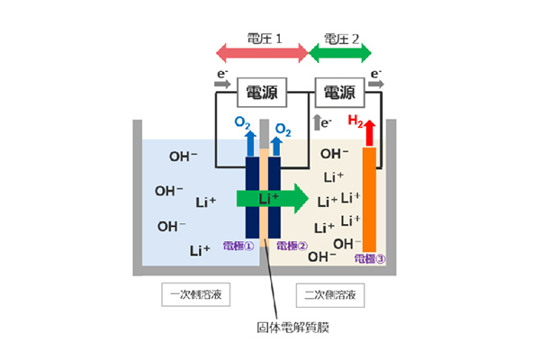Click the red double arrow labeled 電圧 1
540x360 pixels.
pyautogui.click(x=260, y=53)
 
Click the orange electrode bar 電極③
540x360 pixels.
pyautogui.click(x=369, y=198)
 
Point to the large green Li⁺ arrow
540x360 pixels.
pyautogui.click(x=270, y=198)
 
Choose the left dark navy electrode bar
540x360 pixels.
pyautogui.click(x=253, y=198)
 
